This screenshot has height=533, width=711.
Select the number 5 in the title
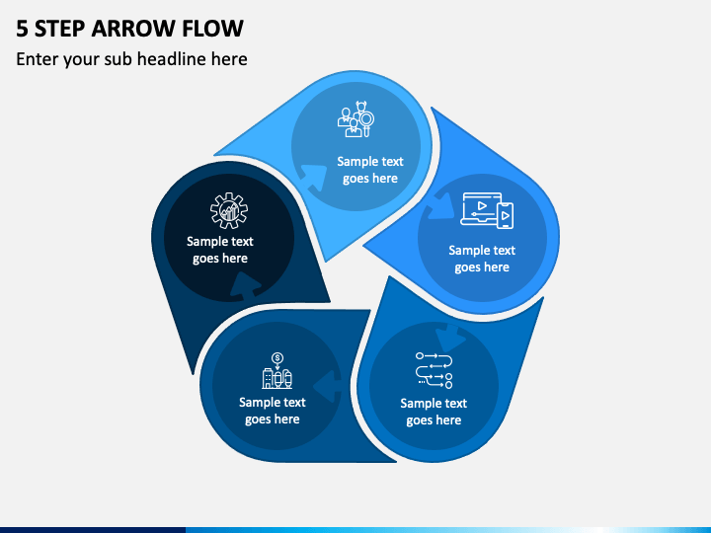(x=22, y=28)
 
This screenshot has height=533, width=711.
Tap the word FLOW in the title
(x=212, y=28)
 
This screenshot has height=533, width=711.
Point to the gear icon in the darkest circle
(x=229, y=210)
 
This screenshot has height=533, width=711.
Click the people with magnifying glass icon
(x=355, y=119)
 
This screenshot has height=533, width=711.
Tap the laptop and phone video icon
(x=487, y=211)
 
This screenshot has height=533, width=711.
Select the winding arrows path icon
(x=434, y=370)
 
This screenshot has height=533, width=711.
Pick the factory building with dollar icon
(x=277, y=370)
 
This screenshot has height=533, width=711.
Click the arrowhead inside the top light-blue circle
(x=314, y=177)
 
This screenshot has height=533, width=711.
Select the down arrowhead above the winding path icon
(x=450, y=338)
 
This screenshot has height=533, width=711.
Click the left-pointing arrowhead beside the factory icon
(x=327, y=385)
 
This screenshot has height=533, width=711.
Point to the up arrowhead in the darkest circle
(x=245, y=285)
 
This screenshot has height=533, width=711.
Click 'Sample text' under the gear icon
(x=220, y=241)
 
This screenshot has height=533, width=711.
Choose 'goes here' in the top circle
(x=370, y=179)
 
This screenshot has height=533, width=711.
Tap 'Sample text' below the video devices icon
(x=482, y=250)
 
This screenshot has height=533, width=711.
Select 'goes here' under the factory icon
(x=273, y=419)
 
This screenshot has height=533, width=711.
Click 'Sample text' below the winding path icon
(x=434, y=403)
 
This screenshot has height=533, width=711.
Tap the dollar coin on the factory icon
(x=277, y=358)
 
